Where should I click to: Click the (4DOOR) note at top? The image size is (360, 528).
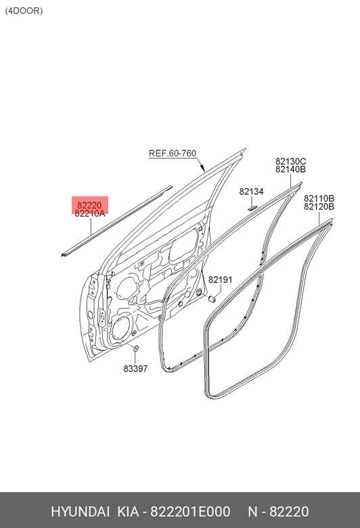click(24, 11)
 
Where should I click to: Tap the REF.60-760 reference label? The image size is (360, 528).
click(173, 153)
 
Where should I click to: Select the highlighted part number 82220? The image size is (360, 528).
click(89, 205)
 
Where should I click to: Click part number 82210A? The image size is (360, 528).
click(90, 213)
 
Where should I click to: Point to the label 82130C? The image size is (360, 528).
click(290, 161)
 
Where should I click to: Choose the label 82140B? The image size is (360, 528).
click(290, 169)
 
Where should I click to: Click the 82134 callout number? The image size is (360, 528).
click(251, 192)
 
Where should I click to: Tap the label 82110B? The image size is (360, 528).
click(319, 198)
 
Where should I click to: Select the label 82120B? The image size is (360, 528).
click(319, 206)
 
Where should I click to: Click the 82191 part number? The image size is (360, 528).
click(220, 280)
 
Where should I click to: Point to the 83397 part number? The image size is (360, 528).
click(135, 369)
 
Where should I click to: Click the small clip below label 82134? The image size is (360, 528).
click(252, 208)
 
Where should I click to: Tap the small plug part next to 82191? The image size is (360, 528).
click(212, 299)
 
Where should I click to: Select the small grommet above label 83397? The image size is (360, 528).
click(136, 349)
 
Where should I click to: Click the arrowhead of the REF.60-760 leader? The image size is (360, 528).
click(202, 168)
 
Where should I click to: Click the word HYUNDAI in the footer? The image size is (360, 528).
click(80, 512)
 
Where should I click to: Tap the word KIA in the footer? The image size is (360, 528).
click(128, 512)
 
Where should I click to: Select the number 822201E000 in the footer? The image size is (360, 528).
click(190, 512)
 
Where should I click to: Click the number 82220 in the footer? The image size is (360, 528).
click(289, 512)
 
